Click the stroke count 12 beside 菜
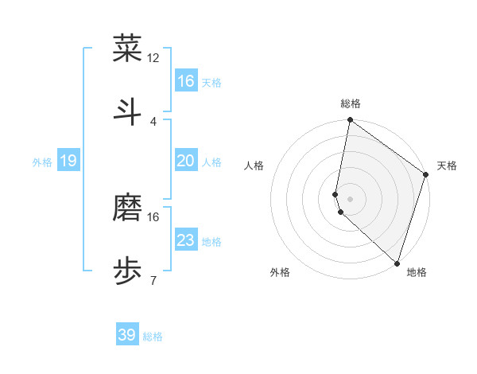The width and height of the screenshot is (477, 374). [x=153, y=57]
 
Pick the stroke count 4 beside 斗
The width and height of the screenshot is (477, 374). [x=153, y=121]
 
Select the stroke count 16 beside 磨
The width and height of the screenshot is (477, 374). [x=153, y=216]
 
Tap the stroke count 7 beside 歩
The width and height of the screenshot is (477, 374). [x=153, y=280]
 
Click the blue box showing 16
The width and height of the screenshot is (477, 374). [x=186, y=81]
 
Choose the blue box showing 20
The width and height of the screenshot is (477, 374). [x=186, y=161]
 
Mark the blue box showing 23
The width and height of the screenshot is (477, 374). [x=186, y=240]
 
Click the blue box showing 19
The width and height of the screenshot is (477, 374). [x=68, y=161]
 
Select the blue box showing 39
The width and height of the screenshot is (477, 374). [x=127, y=335]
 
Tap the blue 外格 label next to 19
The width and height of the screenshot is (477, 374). [x=42, y=162]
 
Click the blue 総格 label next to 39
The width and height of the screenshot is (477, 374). [x=153, y=336]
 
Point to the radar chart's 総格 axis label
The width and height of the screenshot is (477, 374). [x=350, y=103]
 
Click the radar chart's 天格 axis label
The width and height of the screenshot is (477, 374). [x=447, y=166]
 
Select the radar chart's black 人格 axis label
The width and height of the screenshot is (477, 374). [x=254, y=166]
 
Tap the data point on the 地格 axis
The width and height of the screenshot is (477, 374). [x=397, y=263]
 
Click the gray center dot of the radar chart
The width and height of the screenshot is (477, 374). [x=350, y=198]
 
